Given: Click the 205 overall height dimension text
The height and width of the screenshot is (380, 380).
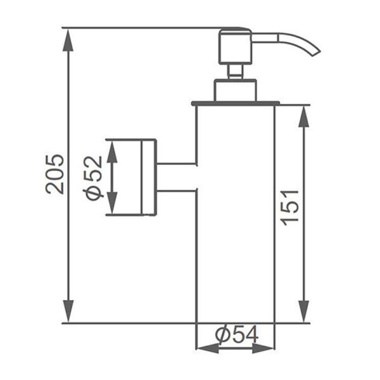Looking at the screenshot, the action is point(54,174).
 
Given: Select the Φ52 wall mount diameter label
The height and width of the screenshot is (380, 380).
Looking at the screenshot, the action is point(92,178).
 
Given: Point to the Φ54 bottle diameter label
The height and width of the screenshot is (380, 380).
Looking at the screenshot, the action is point(237,334).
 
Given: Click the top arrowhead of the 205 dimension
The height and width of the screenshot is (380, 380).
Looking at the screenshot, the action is point(68,40).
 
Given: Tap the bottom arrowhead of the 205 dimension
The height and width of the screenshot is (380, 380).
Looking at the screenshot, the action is point(68,311).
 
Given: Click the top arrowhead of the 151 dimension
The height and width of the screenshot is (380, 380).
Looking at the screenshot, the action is point(303,117).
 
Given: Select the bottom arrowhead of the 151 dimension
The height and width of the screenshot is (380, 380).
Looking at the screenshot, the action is point(303,312).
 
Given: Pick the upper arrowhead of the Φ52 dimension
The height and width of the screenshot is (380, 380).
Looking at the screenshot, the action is point(112,151).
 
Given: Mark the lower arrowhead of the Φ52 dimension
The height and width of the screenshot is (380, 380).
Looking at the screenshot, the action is point(112,203).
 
